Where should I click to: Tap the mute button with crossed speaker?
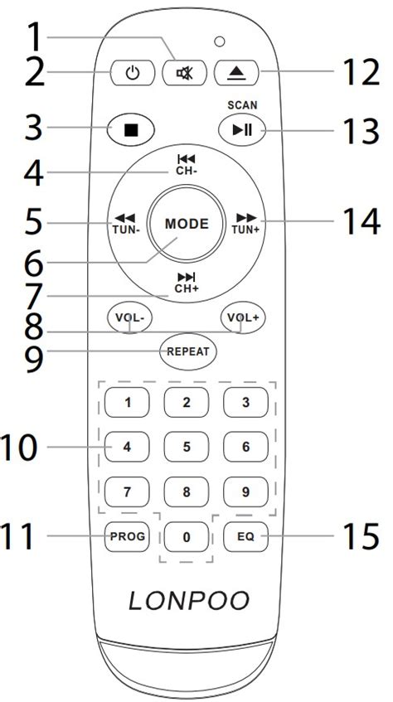(x=184, y=73)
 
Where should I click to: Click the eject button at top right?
(x=236, y=73)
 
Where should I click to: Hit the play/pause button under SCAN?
(x=242, y=130)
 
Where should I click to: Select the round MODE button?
(x=187, y=224)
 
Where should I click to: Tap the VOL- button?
(x=129, y=317)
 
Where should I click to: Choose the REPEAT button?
(x=188, y=352)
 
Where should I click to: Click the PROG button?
(x=127, y=536)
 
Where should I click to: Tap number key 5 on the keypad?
(x=187, y=447)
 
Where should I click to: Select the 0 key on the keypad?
(x=187, y=536)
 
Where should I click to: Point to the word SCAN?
(x=242, y=105)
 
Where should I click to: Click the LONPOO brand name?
(x=189, y=600)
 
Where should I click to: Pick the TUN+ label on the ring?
(x=245, y=230)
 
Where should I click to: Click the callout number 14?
(x=361, y=221)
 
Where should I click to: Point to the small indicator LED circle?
(x=219, y=42)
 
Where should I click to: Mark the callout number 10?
(x=19, y=448)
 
